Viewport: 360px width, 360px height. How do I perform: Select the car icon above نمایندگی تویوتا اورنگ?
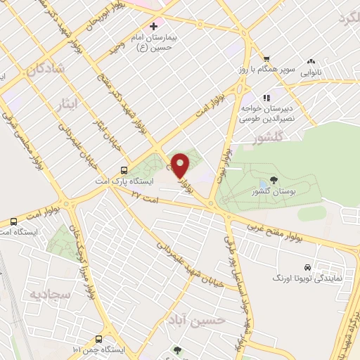(307, 268)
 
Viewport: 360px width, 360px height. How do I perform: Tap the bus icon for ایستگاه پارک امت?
(124, 169)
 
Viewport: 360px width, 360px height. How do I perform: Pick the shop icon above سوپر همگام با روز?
(266, 59)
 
